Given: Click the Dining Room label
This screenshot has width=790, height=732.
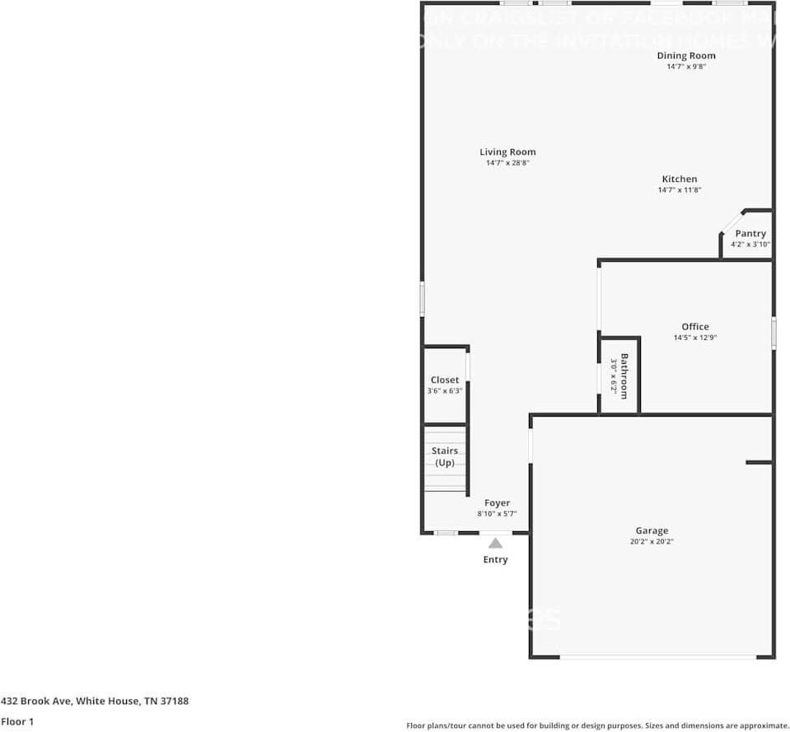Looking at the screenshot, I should point(685,56).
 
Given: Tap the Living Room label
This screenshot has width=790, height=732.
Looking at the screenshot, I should point(507,152).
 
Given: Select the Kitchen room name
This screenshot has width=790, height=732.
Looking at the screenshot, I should point(679,180).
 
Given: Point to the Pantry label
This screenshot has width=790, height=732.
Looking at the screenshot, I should point(750,234).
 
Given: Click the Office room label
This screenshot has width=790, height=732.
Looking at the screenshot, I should point(694,327).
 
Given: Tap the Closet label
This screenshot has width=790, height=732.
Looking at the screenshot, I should point(445,380).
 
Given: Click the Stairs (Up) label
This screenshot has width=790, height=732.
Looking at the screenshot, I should point(445,457).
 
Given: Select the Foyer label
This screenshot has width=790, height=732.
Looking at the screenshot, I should point(497,503).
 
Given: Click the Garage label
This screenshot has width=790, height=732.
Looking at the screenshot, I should point(652,531).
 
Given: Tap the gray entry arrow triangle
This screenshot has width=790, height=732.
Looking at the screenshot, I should point(495,543).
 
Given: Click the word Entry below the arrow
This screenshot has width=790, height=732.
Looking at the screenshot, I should point(495,560).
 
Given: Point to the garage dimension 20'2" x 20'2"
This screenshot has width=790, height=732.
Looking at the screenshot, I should point(652,542).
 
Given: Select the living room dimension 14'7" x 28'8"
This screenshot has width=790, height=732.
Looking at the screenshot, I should point(507,163).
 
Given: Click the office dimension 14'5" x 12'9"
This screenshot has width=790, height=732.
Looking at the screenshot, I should point(694,338).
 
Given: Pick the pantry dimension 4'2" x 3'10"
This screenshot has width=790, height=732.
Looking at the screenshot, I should point(750,245).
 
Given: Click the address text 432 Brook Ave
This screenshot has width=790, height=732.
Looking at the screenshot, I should point(95,702).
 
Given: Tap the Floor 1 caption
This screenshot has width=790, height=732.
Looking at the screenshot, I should point(17,721).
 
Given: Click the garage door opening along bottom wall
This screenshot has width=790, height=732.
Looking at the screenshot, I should point(657,657).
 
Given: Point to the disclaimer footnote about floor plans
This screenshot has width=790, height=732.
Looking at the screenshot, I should point(597,725).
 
